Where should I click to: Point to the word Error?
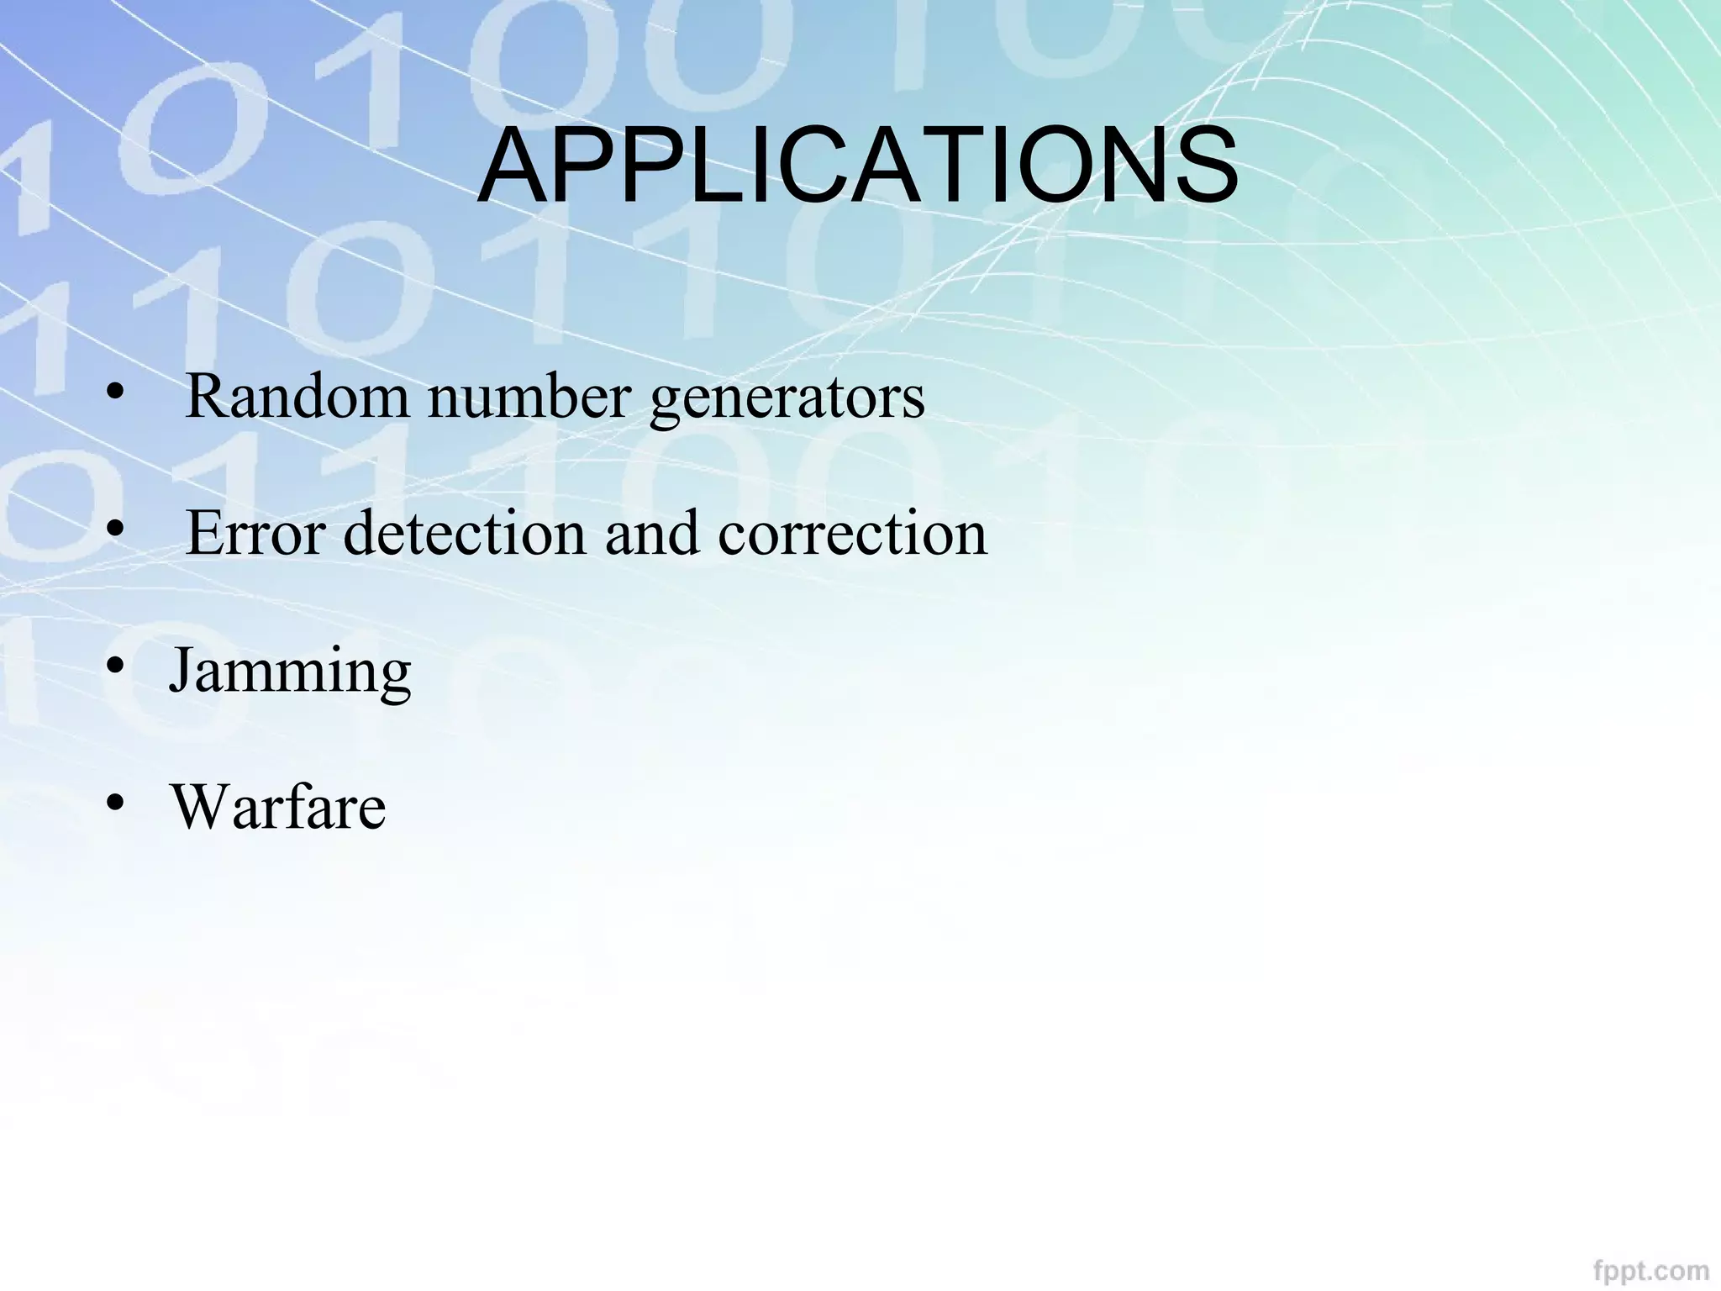tap(255, 533)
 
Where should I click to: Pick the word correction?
tap(852, 533)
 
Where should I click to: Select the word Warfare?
tap(279, 807)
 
